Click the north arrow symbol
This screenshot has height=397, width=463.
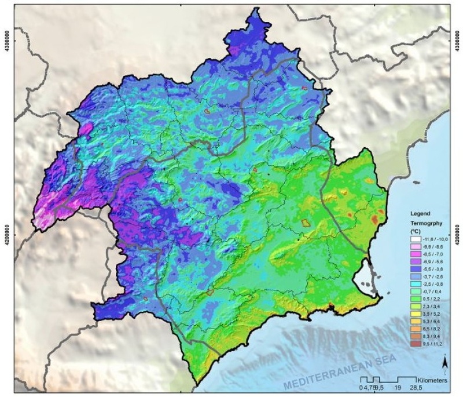tap(443, 363)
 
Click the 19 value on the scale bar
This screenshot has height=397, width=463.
tap(398, 387)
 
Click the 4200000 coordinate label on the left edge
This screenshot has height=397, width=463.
tap(6, 228)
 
